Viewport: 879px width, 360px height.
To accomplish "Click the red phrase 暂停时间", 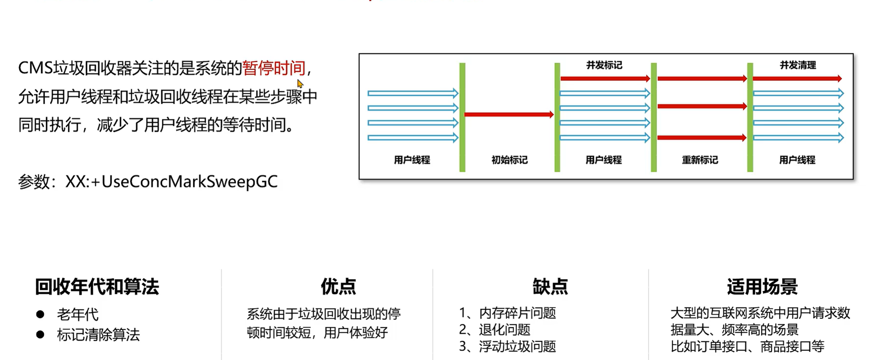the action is (274, 68).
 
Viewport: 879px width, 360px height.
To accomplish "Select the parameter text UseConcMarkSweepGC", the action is (189, 182).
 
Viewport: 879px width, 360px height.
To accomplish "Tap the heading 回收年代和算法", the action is (97, 287).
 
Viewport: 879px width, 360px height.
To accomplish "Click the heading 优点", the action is (338, 287).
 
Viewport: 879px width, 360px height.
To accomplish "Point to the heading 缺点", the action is (550, 287).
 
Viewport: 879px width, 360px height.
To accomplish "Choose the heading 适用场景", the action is (762, 287).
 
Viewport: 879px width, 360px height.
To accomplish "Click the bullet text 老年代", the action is (78, 315).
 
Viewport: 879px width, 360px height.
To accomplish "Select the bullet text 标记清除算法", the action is (98, 335).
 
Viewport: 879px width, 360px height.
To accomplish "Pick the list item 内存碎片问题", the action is (517, 313).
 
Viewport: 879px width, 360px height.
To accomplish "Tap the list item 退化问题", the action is (505, 330).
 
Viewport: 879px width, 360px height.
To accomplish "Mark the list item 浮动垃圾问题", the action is (517, 346).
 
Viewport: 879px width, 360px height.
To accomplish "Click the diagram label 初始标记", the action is (509, 160).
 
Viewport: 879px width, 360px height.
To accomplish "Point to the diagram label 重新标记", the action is (700, 160).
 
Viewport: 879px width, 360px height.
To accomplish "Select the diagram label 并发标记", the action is (604, 65).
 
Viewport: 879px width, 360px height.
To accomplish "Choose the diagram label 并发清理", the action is (798, 65).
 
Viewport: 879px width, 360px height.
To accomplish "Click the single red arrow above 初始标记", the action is (509, 114).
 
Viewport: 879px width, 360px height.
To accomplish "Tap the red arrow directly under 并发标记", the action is (605, 78).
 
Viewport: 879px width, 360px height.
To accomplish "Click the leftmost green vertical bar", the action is (462, 117).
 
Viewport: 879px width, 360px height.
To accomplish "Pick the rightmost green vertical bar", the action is (750, 117).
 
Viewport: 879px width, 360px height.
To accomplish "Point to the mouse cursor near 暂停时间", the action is (300, 84).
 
